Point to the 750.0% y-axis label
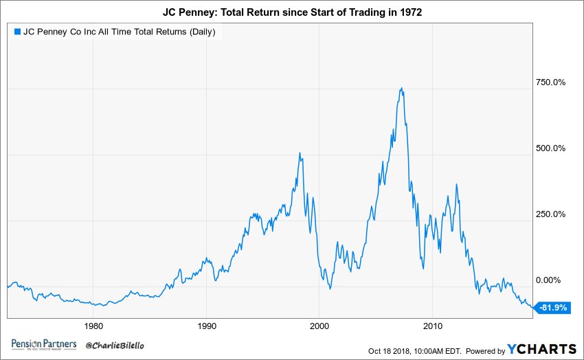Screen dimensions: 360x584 click(550, 82)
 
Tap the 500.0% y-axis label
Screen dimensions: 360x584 click(550, 148)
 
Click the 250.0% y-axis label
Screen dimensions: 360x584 click(550, 214)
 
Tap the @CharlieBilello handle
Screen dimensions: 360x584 click(115, 345)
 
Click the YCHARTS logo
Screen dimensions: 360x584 click(540, 349)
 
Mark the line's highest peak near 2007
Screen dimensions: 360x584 click(401, 89)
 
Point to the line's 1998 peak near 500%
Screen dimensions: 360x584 click(300, 153)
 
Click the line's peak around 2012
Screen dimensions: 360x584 click(456, 185)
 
